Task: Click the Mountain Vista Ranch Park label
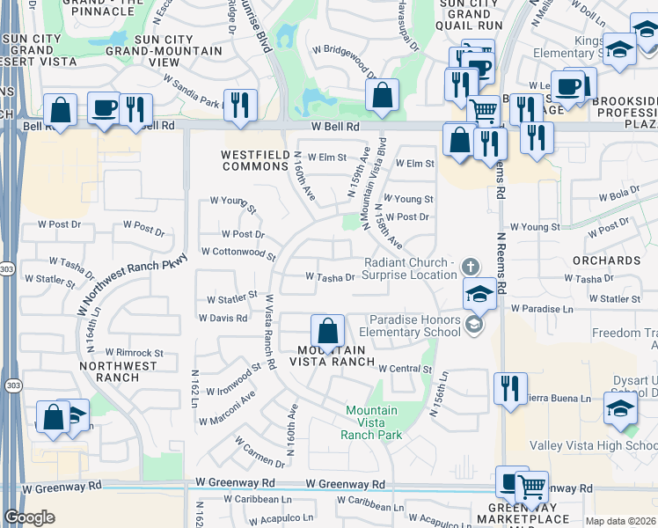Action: pos(373,422)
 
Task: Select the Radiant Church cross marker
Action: pos(471,266)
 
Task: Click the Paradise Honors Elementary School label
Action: pos(415,326)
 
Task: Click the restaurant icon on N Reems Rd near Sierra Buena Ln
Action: pos(508,388)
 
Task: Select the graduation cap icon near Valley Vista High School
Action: pos(620,408)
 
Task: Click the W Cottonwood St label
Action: pos(238,252)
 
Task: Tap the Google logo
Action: pos(29,517)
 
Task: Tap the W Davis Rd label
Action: pos(223,318)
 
